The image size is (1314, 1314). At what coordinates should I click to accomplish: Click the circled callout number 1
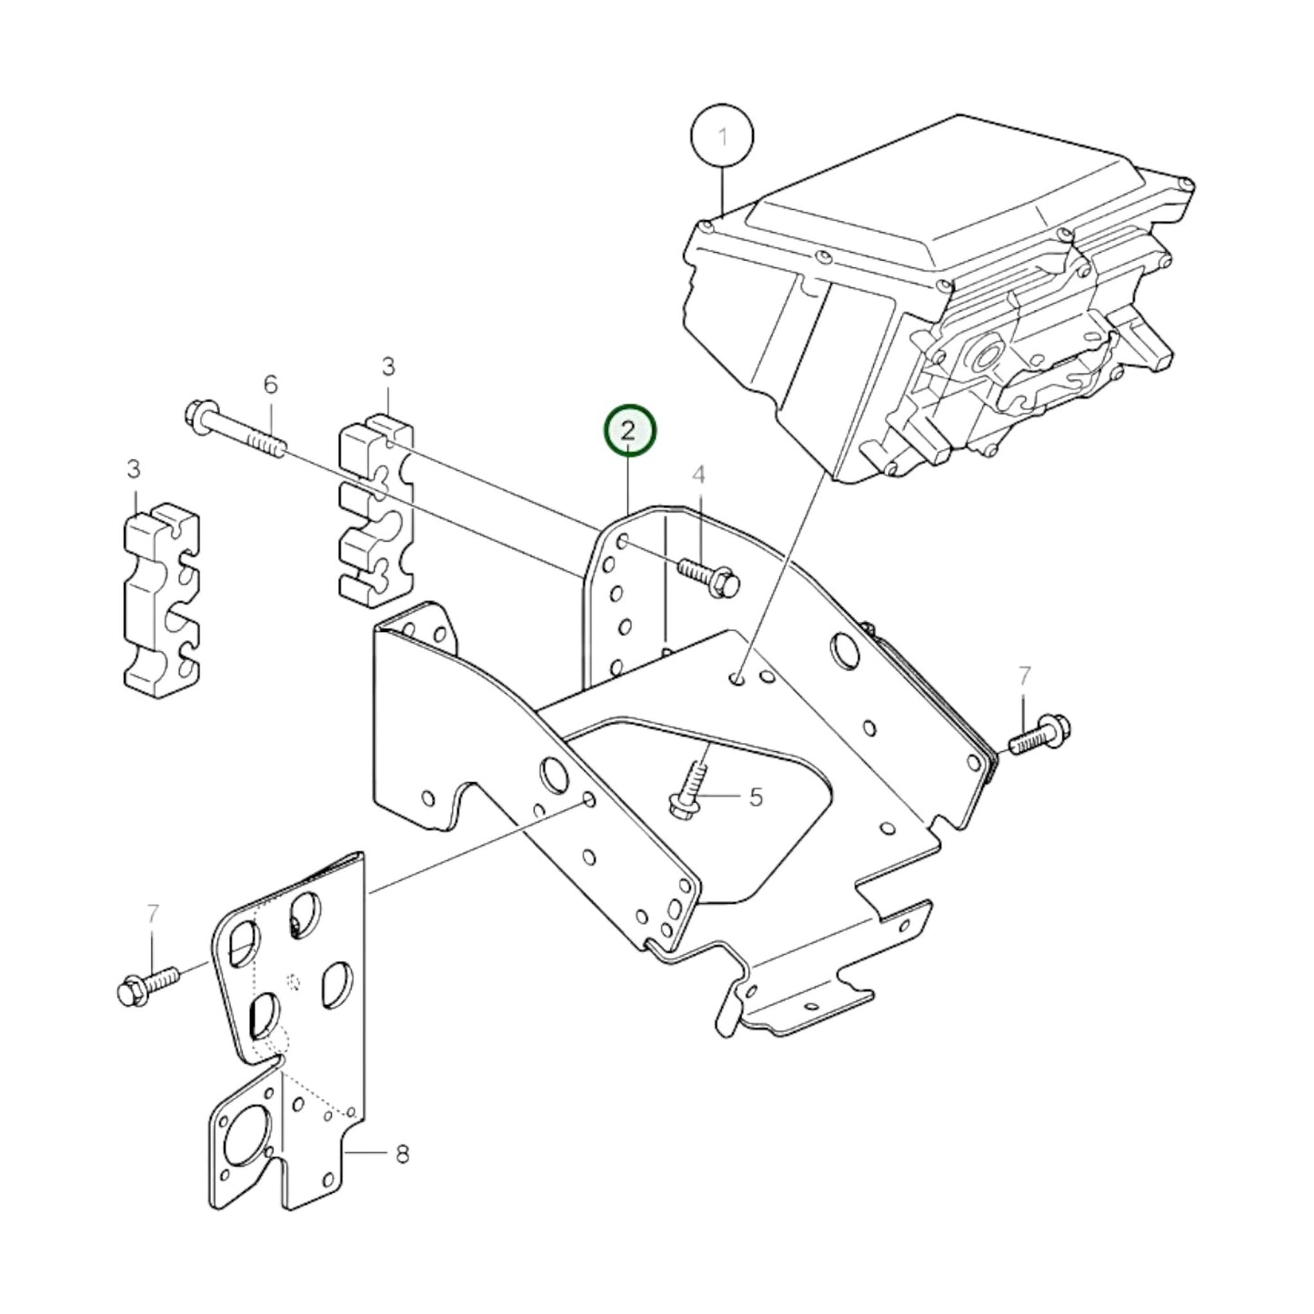(722, 137)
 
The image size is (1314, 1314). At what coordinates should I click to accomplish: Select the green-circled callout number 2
(629, 431)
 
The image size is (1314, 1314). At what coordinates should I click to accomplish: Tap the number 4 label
(698, 475)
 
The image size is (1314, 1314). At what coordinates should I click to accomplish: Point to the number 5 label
(755, 797)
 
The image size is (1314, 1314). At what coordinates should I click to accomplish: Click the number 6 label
(270, 384)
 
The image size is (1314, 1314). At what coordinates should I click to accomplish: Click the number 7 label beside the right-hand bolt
(1024, 676)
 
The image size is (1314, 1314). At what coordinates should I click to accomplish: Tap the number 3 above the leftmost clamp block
(134, 469)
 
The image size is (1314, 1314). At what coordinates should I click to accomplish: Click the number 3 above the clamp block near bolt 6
(388, 367)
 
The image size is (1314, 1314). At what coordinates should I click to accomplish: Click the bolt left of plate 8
(145, 986)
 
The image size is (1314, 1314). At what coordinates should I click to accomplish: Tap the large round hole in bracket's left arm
(553, 774)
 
